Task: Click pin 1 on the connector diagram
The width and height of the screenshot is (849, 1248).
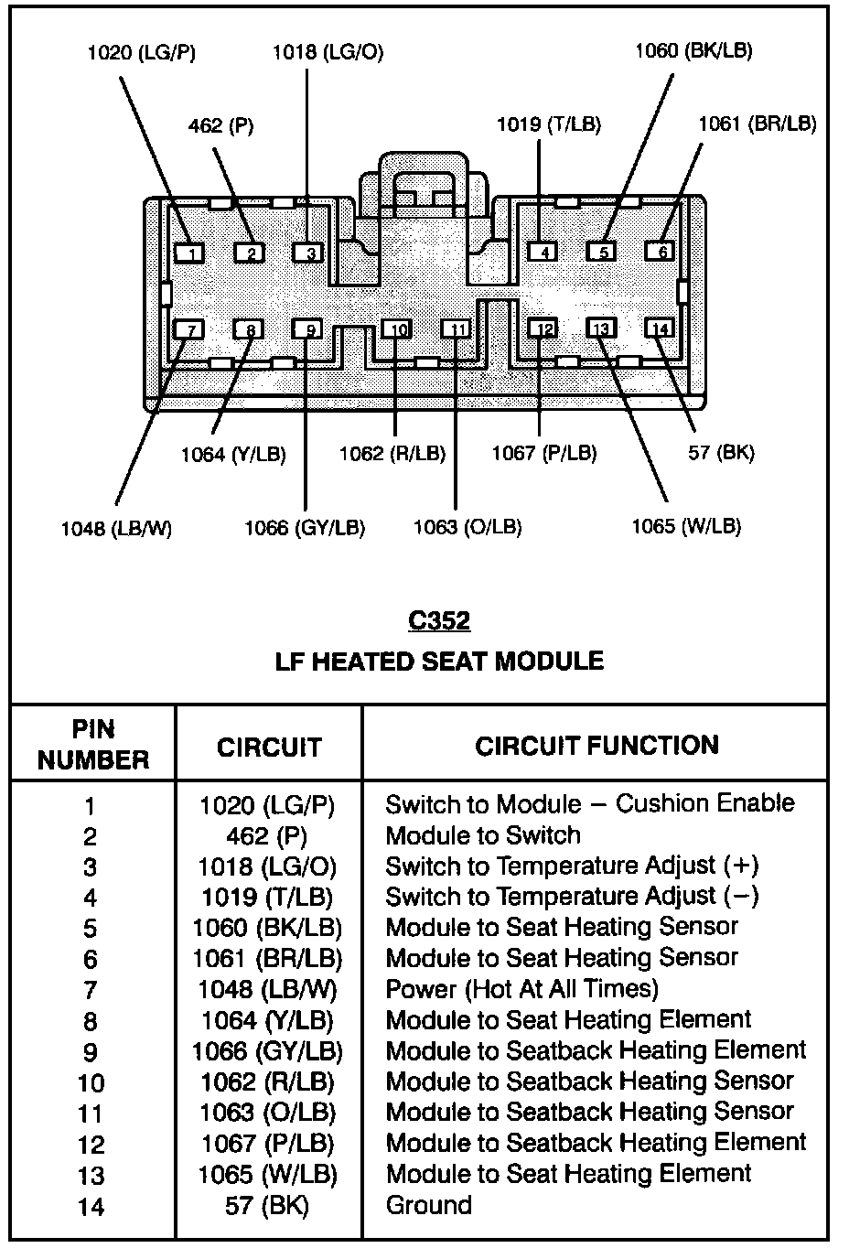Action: pos(189,253)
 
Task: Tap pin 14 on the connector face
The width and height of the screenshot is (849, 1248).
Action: pos(659,328)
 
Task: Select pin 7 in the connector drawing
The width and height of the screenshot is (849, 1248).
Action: pos(189,329)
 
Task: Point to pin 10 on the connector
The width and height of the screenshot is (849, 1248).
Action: pos(396,329)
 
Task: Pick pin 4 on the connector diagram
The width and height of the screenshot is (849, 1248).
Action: pos(543,252)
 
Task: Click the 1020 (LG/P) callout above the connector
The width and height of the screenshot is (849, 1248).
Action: pos(141,52)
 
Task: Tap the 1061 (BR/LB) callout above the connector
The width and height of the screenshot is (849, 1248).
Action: pos(757,124)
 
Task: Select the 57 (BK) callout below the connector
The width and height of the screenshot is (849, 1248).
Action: pos(721,452)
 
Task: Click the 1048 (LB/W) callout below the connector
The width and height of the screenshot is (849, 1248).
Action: pos(116,528)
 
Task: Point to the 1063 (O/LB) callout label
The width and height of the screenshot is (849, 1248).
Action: pos(467,527)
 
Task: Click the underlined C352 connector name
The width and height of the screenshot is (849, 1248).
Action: pos(439,621)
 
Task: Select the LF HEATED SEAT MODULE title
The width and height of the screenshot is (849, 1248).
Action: pos(439,662)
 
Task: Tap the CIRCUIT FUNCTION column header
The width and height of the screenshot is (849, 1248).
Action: pos(596,746)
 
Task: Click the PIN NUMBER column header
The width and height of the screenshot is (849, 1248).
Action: pos(93,745)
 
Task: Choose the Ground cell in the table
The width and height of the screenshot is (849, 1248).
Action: pos(428,1205)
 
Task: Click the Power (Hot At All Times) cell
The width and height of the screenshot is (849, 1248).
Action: pos(521,989)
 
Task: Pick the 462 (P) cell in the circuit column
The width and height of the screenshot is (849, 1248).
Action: pos(267,836)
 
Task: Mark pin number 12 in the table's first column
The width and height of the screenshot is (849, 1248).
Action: pos(91,1145)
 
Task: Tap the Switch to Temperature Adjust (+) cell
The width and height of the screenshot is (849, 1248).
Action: pos(572,866)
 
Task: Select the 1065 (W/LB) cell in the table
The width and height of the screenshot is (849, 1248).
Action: pos(267,1174)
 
